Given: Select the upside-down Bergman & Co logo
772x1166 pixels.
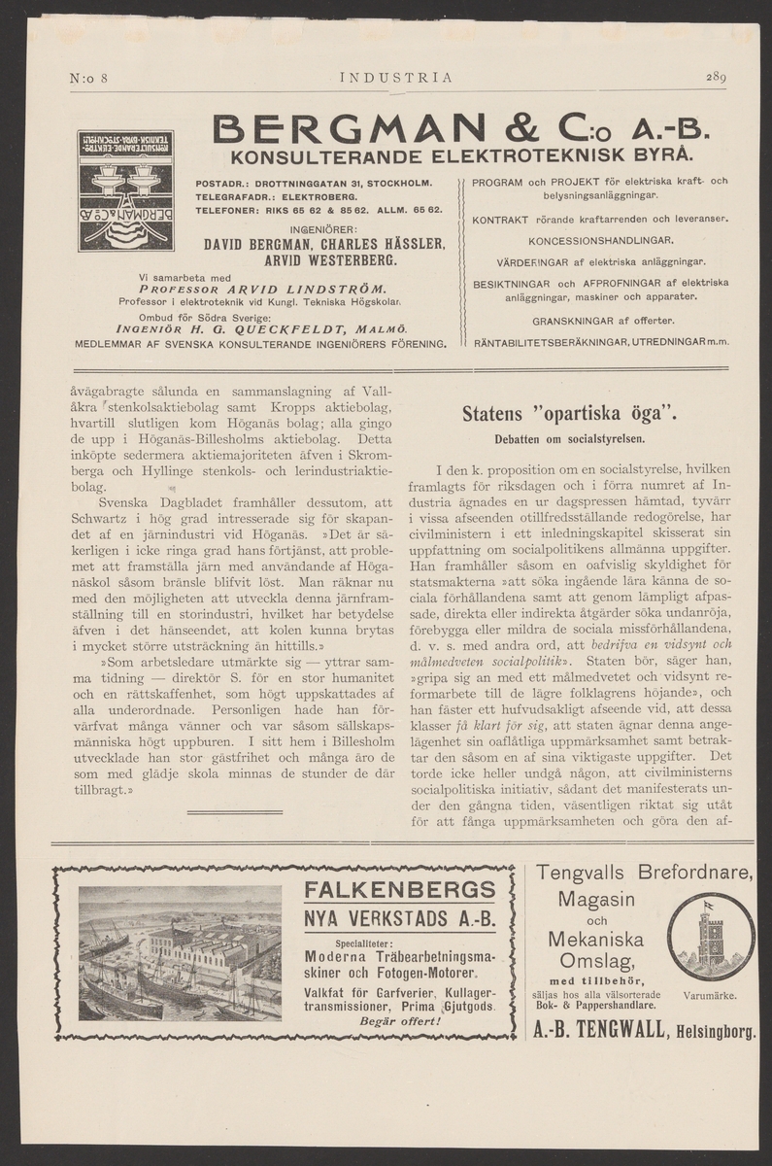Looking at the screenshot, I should click(126, 190).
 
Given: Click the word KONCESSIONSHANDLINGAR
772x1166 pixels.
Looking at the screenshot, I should click(602, 239).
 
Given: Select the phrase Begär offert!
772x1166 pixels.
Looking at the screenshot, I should click(400, 1020).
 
